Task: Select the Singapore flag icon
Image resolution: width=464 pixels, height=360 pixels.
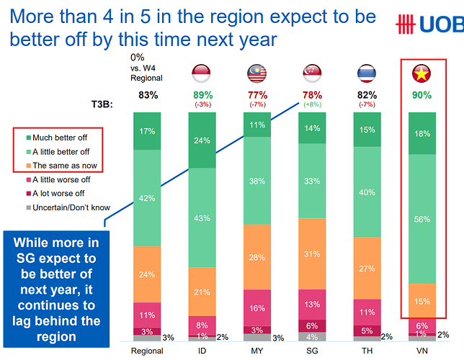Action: (x=311, y=73)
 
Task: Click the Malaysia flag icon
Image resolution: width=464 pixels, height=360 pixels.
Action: (x=257, y=73)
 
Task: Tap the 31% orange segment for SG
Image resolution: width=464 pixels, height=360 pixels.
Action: (x=311, y=253)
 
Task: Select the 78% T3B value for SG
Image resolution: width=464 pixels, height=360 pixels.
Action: (x=311, y=94)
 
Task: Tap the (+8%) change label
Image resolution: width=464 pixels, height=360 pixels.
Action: (x=311, y=104)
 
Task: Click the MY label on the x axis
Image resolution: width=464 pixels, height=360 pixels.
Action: (x=257, y=351)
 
